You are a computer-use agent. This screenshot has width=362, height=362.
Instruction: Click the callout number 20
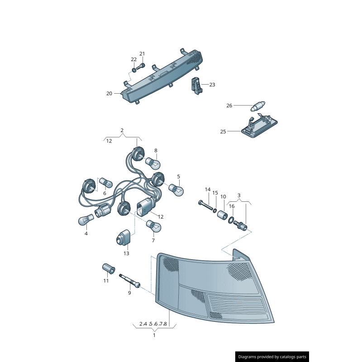109,94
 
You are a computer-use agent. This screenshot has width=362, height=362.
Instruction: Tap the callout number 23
212,85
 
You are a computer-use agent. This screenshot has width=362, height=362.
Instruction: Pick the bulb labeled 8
151,162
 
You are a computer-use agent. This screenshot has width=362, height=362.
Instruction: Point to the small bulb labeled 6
106,182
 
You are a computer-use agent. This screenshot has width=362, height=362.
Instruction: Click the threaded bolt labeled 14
205,205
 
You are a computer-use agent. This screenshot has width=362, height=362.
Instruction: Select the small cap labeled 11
108,269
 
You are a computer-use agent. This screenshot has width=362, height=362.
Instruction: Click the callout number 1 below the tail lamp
154,335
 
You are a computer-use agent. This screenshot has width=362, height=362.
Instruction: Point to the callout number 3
238,195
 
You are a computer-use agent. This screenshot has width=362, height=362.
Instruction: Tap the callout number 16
232,206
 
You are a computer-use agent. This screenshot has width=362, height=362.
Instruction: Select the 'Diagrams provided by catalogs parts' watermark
272,357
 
